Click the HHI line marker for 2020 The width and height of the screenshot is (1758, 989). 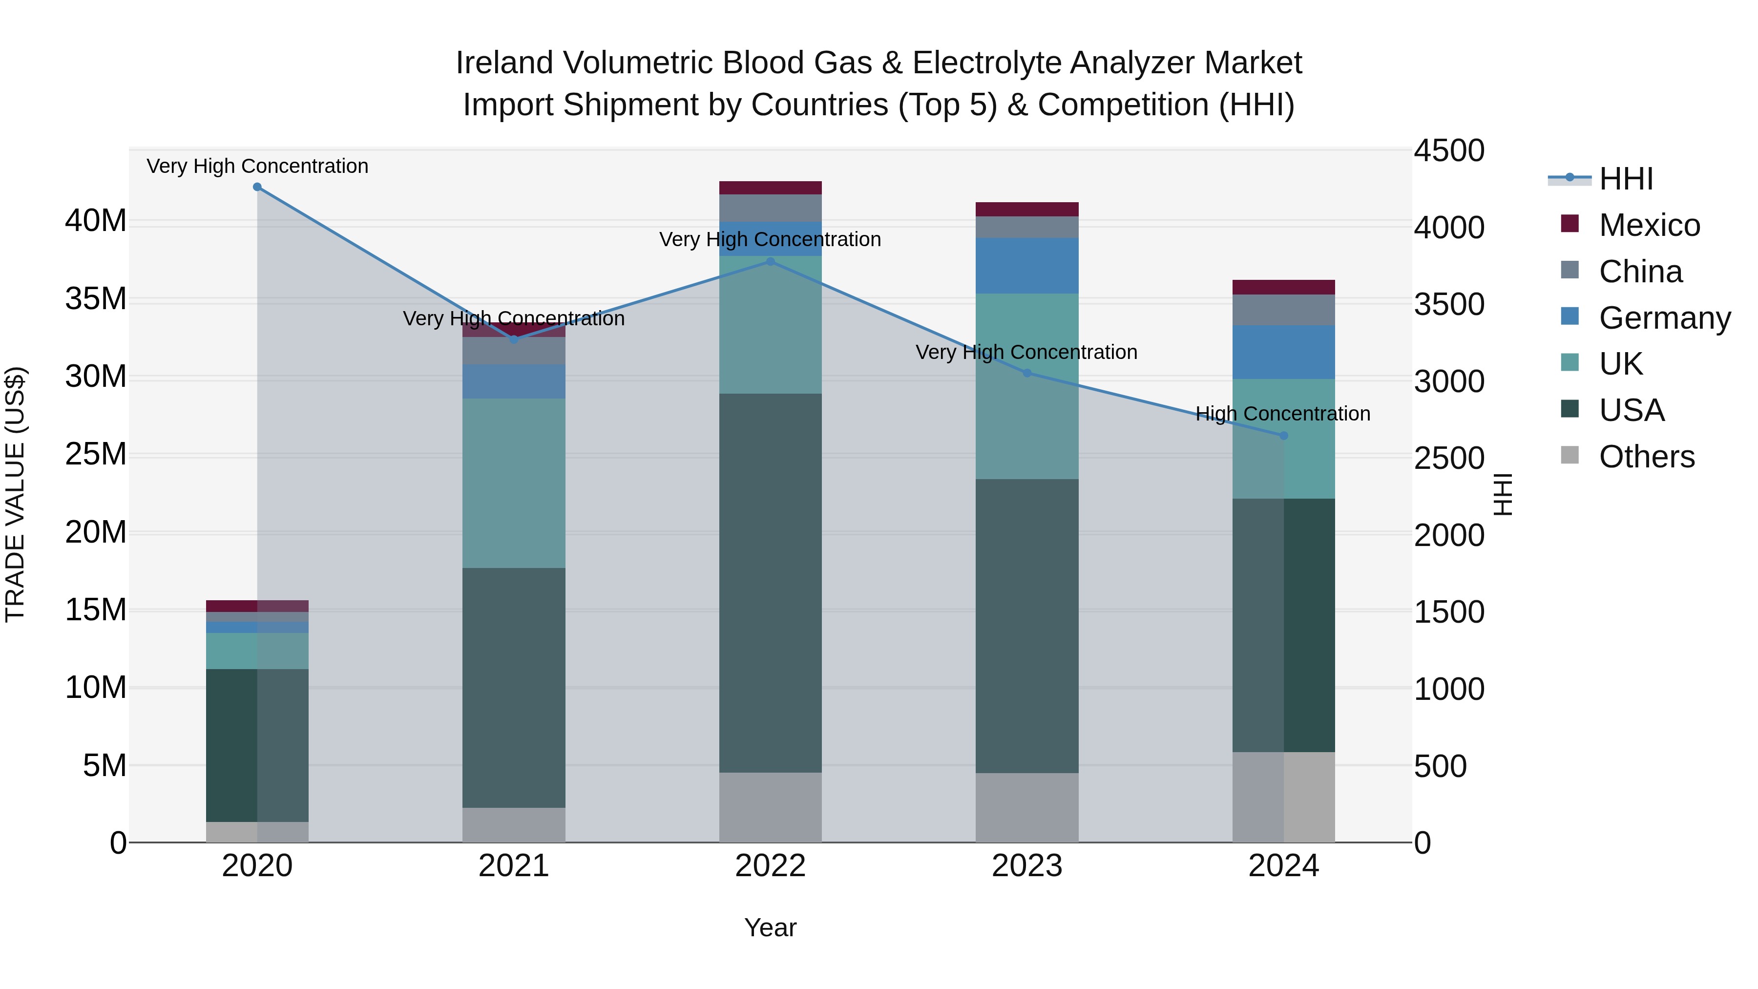tap(257, 187)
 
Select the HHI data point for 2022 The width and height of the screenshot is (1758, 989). tap(771, 261)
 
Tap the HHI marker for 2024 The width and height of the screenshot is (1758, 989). tap(1284, 436)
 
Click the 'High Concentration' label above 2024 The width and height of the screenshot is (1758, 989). tap(1283, 414)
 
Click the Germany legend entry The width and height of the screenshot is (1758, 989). tap(1664, 318)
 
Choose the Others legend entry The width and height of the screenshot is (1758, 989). tap(1646, 457)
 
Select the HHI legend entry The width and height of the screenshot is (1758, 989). tap(1626, 179)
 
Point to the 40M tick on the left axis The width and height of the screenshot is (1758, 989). tap(96, 221)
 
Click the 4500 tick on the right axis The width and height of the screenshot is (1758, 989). tap(1449, 151)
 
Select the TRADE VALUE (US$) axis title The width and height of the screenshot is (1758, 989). tap(15, 494)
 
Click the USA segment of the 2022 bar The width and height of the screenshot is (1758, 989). tap(771, 583)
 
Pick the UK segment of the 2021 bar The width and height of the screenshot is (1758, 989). tap(514, 483)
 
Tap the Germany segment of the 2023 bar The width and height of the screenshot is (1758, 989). tap(1027, 266)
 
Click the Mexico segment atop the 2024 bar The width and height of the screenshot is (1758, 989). tap(1284, 287)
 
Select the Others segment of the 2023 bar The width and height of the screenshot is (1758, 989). tap(1027, 807)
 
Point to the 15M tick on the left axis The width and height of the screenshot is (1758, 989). tap(96, 610)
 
